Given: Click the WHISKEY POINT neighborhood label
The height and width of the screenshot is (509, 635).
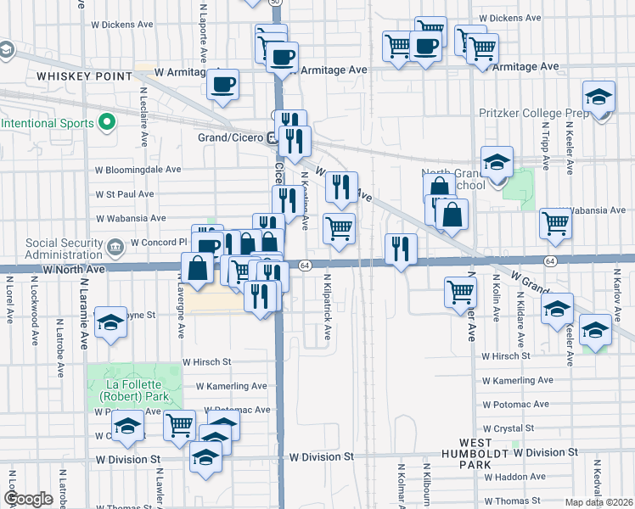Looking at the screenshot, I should [x=85, y=76].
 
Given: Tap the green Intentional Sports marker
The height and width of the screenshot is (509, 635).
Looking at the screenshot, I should [x=107, y=124].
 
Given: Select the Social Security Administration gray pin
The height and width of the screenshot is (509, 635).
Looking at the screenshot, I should [x=115, y=244].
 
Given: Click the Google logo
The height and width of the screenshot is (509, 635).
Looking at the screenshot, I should [x=28, y=499].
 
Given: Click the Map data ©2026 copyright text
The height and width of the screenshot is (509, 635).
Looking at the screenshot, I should [x=598, y=502].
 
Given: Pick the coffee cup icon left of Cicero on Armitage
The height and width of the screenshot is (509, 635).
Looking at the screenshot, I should [x=223, y=84].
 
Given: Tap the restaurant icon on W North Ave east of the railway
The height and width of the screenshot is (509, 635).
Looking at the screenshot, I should [x=402, y=249].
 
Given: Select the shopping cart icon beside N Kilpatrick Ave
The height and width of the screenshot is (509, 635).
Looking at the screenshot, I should [x=339, y=227].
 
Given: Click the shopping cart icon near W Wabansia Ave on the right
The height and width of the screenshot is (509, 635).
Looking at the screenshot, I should [x=555, y=223].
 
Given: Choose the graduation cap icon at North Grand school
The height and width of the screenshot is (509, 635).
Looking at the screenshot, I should [x=496, y=161].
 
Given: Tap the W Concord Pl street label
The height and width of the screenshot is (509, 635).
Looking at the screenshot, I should [x=158, y=243].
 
